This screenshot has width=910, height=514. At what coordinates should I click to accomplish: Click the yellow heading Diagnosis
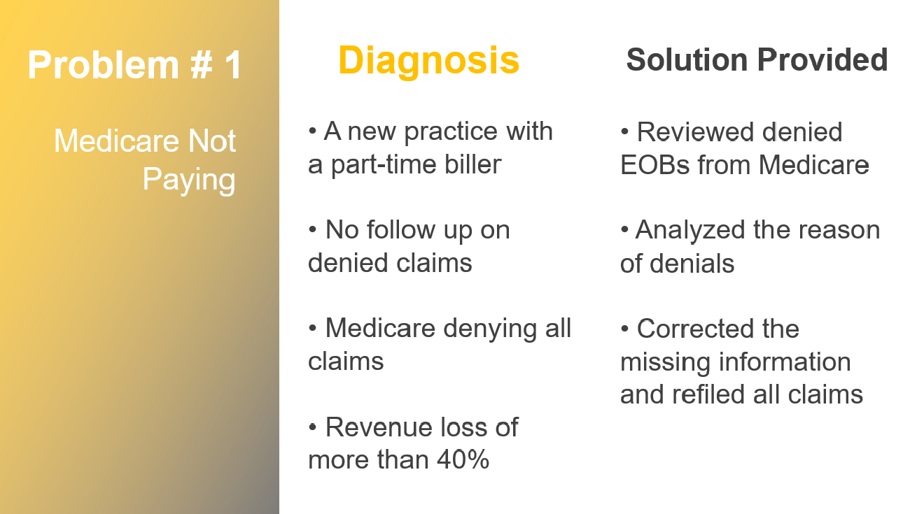428,62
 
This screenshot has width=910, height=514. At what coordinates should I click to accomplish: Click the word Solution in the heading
687,59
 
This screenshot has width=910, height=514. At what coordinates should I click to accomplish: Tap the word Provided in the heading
822,59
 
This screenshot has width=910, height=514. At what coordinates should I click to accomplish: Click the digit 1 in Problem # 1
233,64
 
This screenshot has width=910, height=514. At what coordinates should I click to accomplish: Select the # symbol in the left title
202,64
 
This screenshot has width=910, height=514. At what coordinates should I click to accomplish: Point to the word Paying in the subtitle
189,180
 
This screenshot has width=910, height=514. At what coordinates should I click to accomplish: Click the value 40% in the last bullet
463,460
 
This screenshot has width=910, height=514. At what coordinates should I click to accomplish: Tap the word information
785,362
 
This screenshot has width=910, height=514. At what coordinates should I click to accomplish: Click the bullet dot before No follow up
312,229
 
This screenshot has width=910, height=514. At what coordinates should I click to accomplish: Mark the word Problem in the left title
104,64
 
